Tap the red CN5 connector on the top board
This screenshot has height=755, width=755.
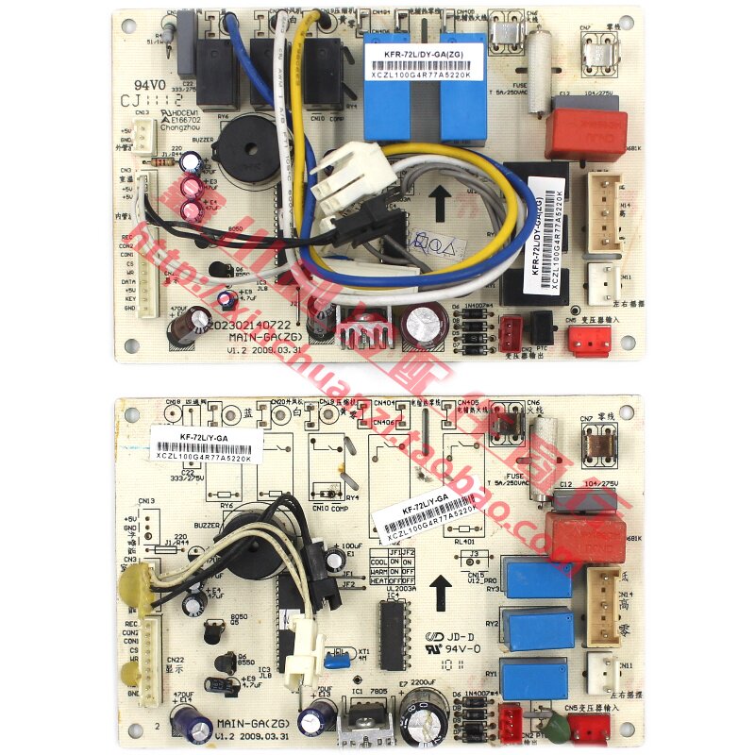(587, 340)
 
